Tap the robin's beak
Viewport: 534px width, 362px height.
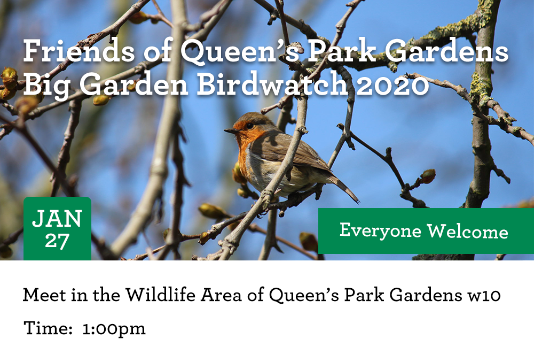[231, 130]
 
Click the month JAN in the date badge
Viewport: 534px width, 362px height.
[57, 218]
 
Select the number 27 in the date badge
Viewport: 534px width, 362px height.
[57, 241]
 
